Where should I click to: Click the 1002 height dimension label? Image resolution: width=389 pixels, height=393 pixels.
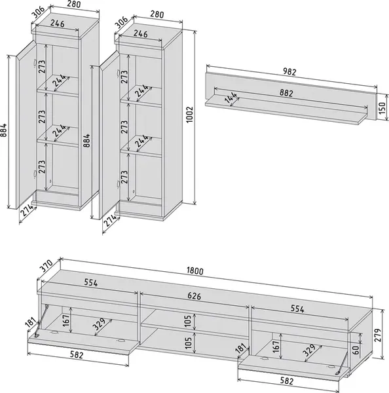coord(190,115)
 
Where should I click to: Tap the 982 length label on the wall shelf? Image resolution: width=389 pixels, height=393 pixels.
coord(289,71)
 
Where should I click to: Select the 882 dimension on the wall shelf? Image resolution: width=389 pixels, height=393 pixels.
coord(286,93)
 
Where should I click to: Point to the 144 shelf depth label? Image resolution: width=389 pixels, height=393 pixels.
coord(231,98)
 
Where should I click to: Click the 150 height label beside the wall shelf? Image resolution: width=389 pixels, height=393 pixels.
coord(382,108)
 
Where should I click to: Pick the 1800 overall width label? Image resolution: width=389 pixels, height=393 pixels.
coord(195,271)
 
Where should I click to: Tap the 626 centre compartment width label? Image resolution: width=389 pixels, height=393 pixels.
coord(194,296)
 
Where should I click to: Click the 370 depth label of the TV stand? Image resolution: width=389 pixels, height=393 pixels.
coord(46,266)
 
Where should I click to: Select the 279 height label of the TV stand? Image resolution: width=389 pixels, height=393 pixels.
coord(378,335)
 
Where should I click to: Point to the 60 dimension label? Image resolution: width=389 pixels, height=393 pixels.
coord(356,348)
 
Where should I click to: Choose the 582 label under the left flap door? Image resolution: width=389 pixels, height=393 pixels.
coord(77,355)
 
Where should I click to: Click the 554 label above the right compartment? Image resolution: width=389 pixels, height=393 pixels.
coord(297,309)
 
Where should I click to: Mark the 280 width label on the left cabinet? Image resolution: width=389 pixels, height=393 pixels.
coord(74,4)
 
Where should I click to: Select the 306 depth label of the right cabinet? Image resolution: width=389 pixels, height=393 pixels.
coord(121,22)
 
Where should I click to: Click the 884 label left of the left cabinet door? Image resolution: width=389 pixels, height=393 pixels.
coord(3,130)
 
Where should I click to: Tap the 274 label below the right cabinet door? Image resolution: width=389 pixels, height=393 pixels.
coord(110,221)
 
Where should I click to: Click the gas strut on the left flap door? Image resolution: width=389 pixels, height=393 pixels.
coord(41,321)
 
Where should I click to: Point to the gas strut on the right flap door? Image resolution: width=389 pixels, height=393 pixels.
coord(343,362)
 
